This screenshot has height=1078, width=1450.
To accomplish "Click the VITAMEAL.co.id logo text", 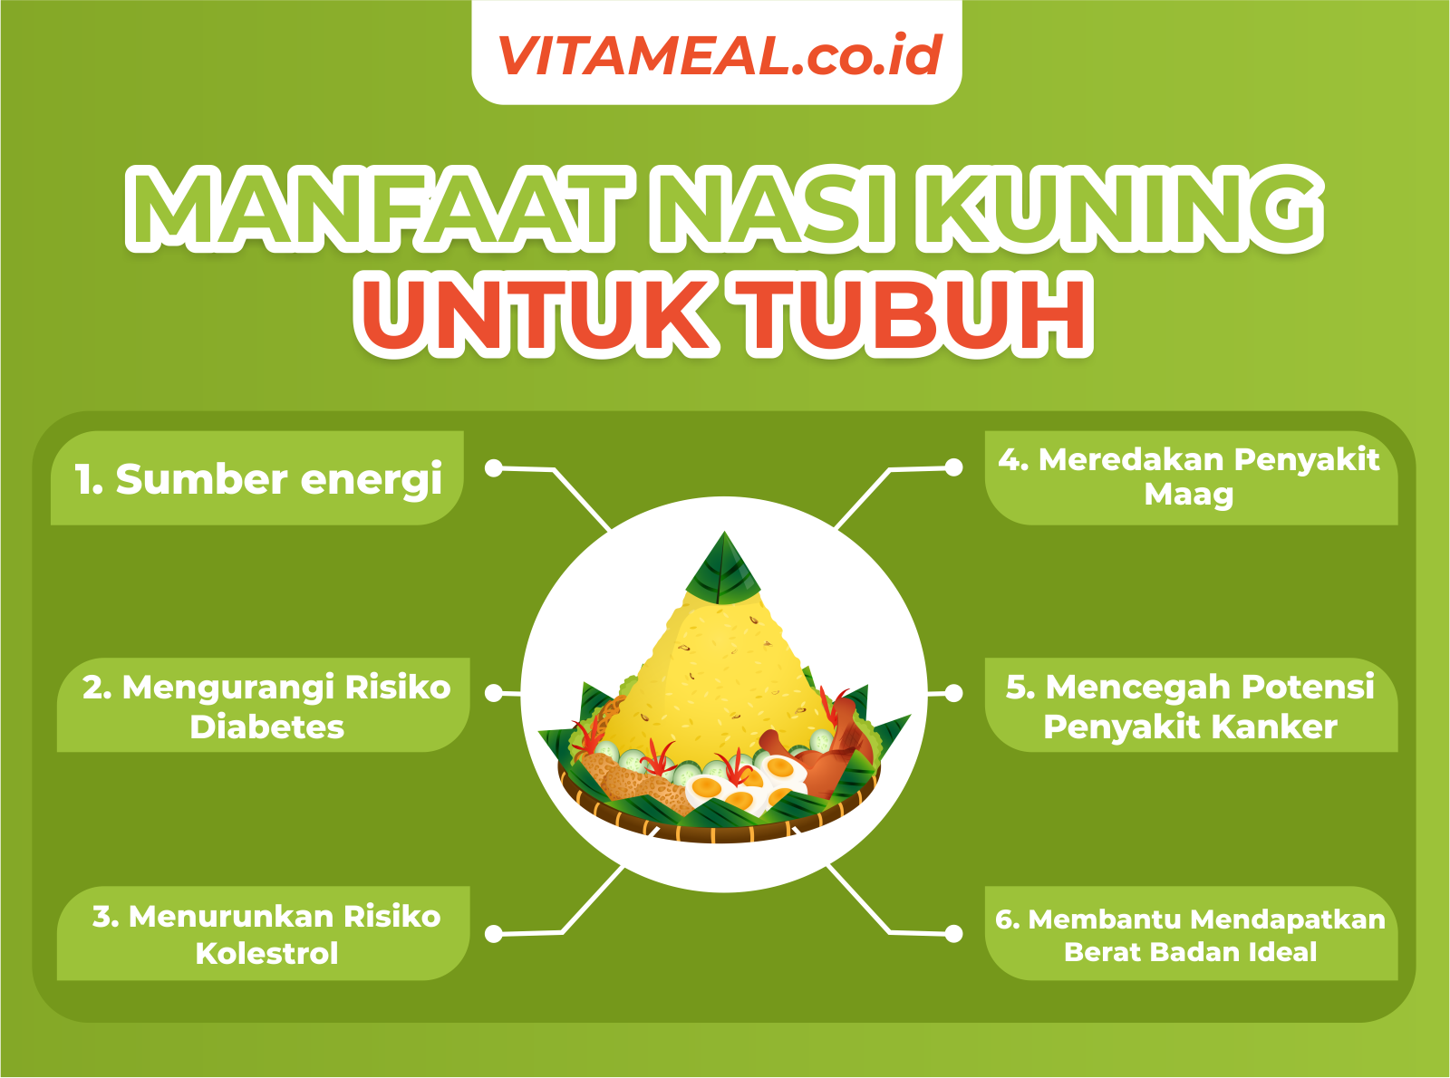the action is (x=720, y=55).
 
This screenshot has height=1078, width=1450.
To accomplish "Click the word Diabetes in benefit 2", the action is (x=266, y=727).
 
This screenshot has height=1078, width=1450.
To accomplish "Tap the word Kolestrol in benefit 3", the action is (x=266, y=953).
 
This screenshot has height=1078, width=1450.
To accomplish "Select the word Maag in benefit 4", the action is (x=1188, y=496).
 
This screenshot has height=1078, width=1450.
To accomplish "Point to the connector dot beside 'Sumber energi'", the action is (x=494, y=468).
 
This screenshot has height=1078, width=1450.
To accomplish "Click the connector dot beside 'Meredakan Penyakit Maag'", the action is (x=953, y=467).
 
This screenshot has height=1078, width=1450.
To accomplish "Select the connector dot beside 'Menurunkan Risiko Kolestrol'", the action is (x=494, y=934).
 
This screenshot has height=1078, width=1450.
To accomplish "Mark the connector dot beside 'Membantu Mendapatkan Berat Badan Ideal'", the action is (x=953, y=934).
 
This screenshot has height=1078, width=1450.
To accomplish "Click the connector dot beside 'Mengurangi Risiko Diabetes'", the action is (x=494, y=693).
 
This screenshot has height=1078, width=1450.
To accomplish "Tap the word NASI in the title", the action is (x=774, y=207).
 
